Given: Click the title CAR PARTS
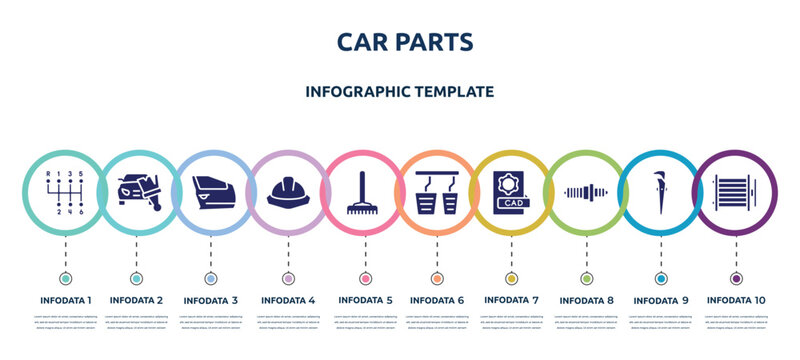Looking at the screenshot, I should pyautogui.click(x=400, y=41).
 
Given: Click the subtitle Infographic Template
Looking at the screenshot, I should pyautogui.click(x=400, y=91).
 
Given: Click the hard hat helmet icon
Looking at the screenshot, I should pyautogui.click(x=288, y=192).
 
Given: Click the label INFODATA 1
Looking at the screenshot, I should pyautogui.click(x=66, y=298).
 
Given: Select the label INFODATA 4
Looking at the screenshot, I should pyautogui.click(x=288, y=298).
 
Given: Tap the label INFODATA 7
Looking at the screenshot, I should pyautogui.click(x=511, y=298).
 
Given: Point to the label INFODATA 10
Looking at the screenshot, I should pyautogui.click(x=735, y=298).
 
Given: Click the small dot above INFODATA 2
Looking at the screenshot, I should pyautogui.click(x=137, y=278).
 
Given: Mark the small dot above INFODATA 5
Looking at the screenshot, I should pyautogui.click(x=362, y=278).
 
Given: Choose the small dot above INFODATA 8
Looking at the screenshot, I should pyautogui.click(x=586, y=278).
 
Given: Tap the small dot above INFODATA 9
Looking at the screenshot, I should pyautogui.click(x=660, y=278).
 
